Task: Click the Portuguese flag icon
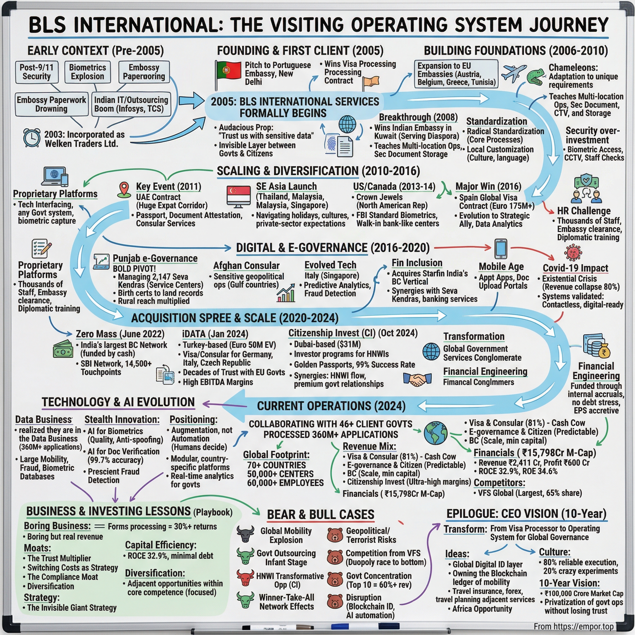pyautogui.click(x=228, y=70)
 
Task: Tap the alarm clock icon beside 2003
pyautogui.click(x=32, y=138)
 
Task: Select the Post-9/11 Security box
pyautogui.click(x=37, y=72)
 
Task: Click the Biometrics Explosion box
pyautogui.click(x=87, y=72)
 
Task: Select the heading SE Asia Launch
pyautogui.click(x=286, y=186)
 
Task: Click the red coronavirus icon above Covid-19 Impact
pyautogui.click(x=573, y=253)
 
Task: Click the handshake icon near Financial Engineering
pyautogui.click(x=417, y=379)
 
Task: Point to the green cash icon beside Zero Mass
pyautogui.click(x=63, y=349)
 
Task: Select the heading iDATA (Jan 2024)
pyautogui.click(x=215, y=334)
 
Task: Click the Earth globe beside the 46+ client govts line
pyautogui.click(x=436, y=433)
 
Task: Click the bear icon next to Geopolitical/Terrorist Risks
pyautogui.click(x=335, y=535)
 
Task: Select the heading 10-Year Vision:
pyautogui.click(x=569, y=583)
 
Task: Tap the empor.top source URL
pyautogui.click(x=574, y=626)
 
